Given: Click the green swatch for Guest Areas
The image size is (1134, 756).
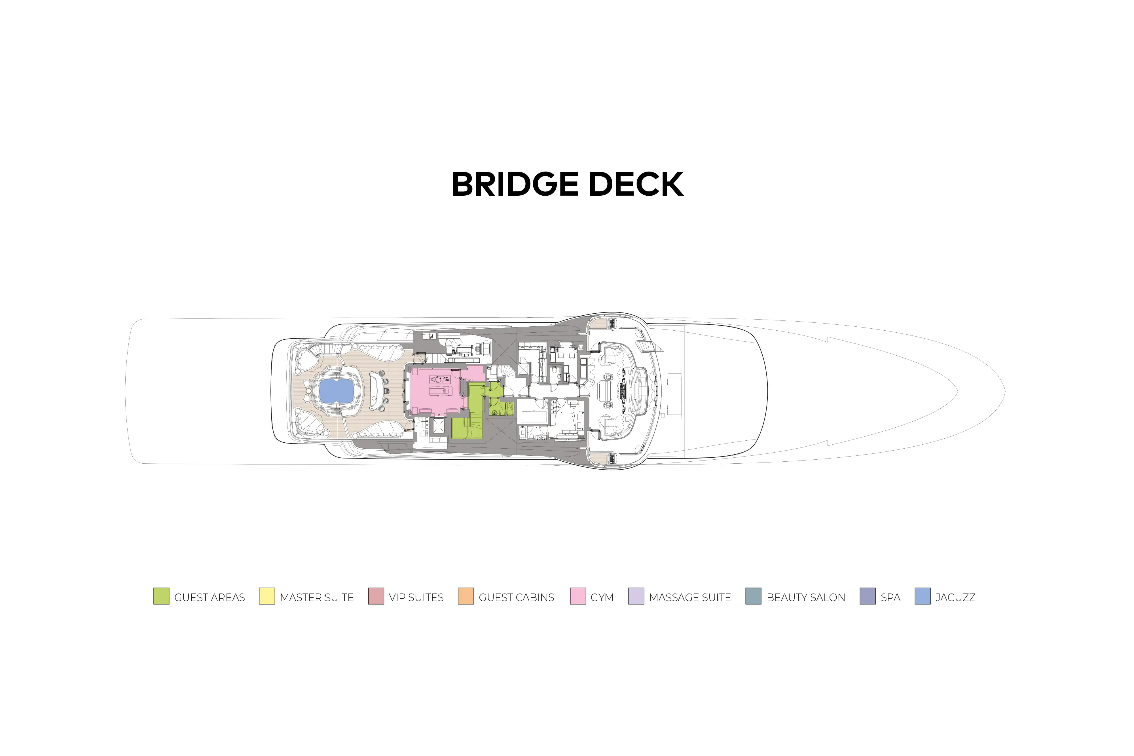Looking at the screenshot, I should coord(161,596).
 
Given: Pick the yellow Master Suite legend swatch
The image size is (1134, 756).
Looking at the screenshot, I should coord(266,596).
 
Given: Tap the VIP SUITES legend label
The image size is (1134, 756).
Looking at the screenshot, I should coord(416,597).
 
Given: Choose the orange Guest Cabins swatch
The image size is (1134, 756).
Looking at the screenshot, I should coord(466,596).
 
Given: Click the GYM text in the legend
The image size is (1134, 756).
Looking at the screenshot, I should coord(602,597).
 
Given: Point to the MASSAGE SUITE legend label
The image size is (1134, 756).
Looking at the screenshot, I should coord(690,597).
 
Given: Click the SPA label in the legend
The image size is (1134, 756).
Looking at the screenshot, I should coord(890,597).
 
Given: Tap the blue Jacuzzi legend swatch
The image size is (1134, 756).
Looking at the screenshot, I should coord(923,596).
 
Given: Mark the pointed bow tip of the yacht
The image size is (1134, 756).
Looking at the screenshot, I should coord(1004,392).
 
